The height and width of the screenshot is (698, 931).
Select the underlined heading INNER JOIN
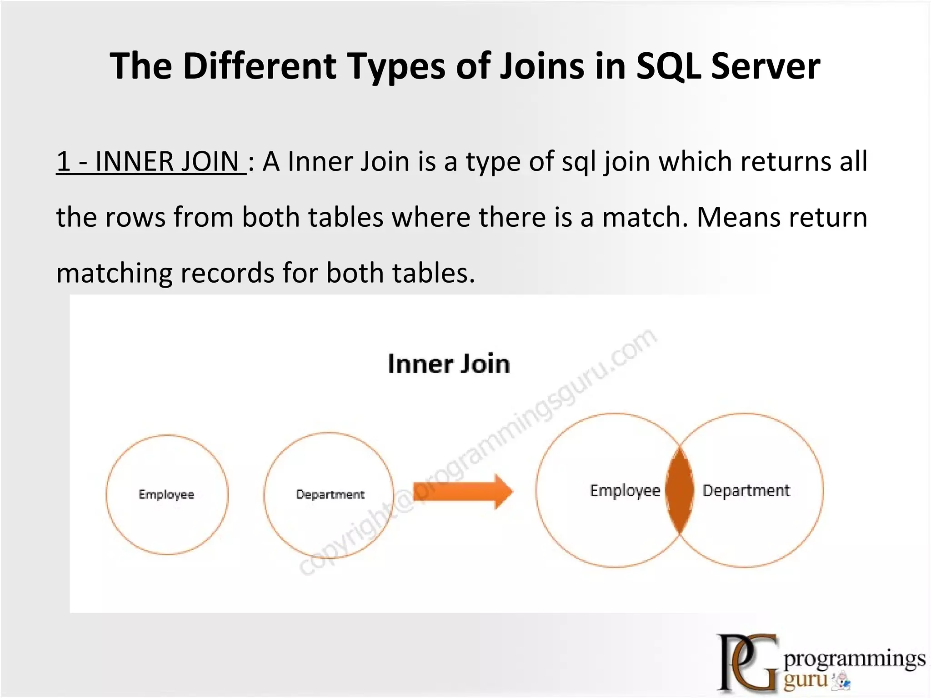(x=150, y=162)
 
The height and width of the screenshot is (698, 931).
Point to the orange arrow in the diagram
(x=463, y=492)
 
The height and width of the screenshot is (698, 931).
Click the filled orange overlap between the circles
(x=680, y=490)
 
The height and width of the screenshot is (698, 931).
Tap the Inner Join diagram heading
(x=449, y=364)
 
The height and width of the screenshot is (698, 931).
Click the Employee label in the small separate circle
(x=166, y=494)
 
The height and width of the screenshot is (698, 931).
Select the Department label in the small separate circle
(x=330, y=494)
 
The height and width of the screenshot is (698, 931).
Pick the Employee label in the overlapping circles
(x=625, y=491)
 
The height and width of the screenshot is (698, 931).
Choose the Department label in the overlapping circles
(x=746, y=491)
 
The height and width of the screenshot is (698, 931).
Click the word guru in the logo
(x=806, y=680)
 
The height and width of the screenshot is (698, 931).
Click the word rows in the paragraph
(x=135, y=217)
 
